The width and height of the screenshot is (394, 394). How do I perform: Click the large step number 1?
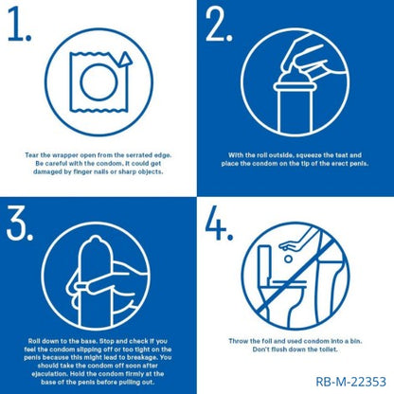18,24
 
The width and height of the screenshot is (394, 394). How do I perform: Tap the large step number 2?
219,24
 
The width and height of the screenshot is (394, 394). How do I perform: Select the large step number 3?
19,223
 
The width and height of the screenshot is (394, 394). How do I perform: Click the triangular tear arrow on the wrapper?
125,59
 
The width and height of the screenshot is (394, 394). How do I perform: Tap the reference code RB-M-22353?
350,382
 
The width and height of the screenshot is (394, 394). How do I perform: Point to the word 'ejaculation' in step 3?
49,374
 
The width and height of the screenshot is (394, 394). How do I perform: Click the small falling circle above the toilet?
288,259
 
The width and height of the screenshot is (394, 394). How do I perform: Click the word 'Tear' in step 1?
32,155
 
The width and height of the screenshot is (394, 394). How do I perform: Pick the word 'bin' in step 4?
356,341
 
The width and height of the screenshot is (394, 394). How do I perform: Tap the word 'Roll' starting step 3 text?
34,341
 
